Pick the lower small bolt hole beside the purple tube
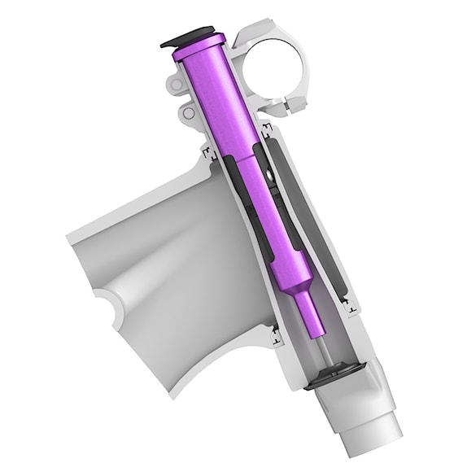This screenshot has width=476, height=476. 189,114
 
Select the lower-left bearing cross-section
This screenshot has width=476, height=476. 274,330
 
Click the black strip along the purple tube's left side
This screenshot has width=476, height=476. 244,203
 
